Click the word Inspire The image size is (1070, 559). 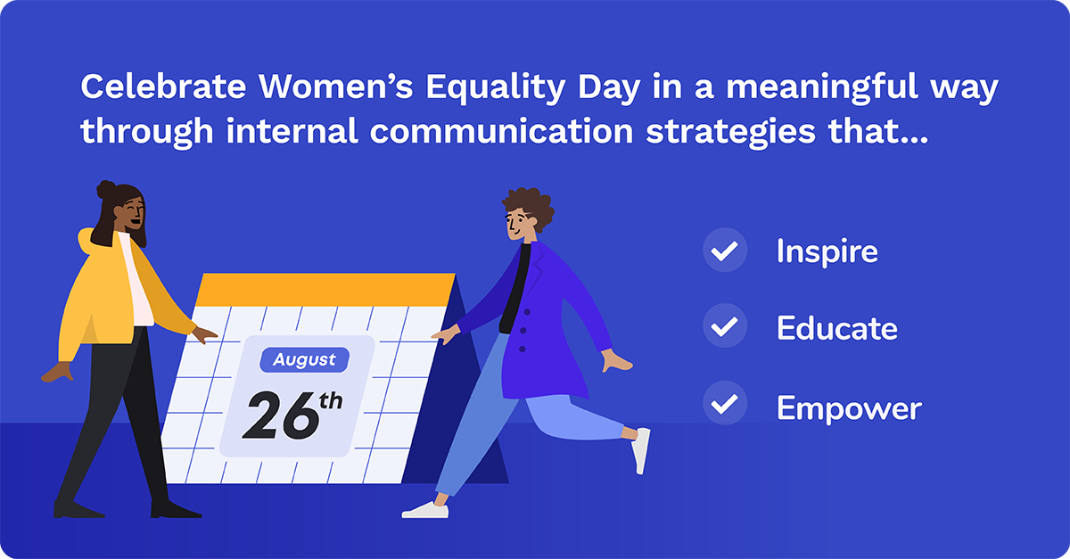tap(827, 251)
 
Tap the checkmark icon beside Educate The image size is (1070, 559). tap(725, 327)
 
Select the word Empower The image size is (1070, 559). tap(848, 408)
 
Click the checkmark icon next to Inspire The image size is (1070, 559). tap(725, 250)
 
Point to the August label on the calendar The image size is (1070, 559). tap(304, 360)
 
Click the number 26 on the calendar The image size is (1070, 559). tap(279, 414)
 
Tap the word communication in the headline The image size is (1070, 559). tap(494, 132)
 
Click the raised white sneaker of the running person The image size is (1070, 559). tap(641, 449)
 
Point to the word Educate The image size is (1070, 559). tap(836, 329)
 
